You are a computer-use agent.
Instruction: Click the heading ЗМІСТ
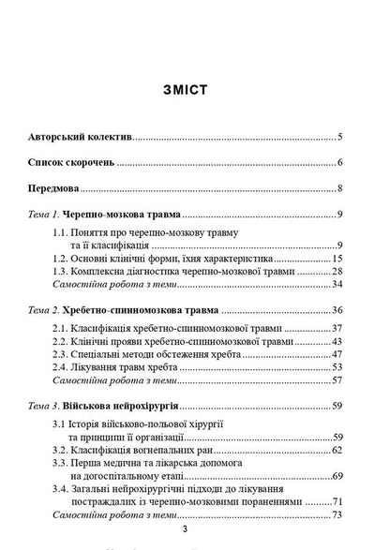coord(195,90)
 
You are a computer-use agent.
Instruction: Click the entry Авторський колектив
coord(81,138)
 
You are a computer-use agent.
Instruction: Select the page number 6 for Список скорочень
coord(338,163)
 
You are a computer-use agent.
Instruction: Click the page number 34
coord(336,285)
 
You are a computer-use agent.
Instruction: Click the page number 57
coord(336,381)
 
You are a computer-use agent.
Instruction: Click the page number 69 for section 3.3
coord(336,478)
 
